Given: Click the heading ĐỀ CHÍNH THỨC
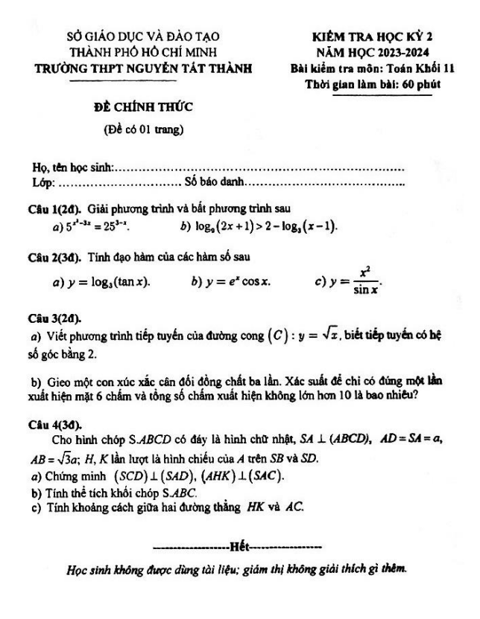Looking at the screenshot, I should click(x=144, y=107).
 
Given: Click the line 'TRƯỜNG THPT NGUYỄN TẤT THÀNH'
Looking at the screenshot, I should click(x=145, y=69).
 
